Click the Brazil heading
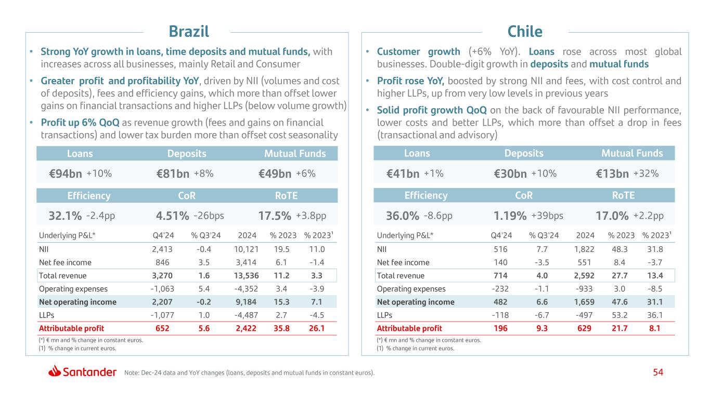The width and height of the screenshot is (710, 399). (189, 32)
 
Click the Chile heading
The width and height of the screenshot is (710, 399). (525, 32)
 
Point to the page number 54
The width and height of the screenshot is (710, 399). (659, 372)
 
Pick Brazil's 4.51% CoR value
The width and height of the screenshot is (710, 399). (172, 216)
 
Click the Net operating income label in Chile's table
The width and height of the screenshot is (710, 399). (416, 302)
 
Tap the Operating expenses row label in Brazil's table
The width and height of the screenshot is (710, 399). (73, 288)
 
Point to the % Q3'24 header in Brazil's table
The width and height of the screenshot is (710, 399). (206, 235)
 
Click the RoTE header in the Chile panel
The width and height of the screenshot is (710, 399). (623, 195)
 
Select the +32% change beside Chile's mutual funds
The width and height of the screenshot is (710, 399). (646, 174)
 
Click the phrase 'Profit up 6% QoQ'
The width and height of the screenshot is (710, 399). (80, 123)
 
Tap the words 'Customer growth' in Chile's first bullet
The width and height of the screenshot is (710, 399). (418, 51)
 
